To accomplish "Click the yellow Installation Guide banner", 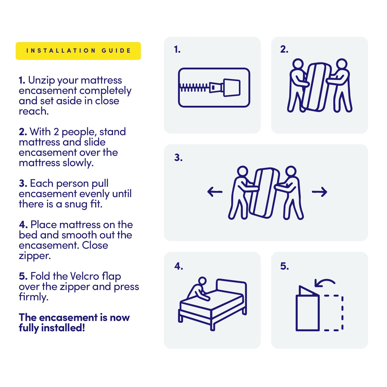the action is tap(78, 51).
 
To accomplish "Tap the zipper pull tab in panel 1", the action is tap(232, 88).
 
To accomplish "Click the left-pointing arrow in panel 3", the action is tap(215, 192).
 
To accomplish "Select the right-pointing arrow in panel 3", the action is tap(320, 192).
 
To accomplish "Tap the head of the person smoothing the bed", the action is tap(203, 281).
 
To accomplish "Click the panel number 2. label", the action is tap(284, 49).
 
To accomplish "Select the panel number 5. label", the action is tap(284, 266).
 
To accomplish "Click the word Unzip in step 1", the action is tap(42, 80).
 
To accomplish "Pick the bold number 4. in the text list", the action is tap(23, 225).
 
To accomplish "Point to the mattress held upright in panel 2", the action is tap(317, 87).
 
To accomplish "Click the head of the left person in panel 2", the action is tap(299, 64).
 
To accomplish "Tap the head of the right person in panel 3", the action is tap(291, 171).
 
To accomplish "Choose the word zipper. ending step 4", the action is tap(35, 256).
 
